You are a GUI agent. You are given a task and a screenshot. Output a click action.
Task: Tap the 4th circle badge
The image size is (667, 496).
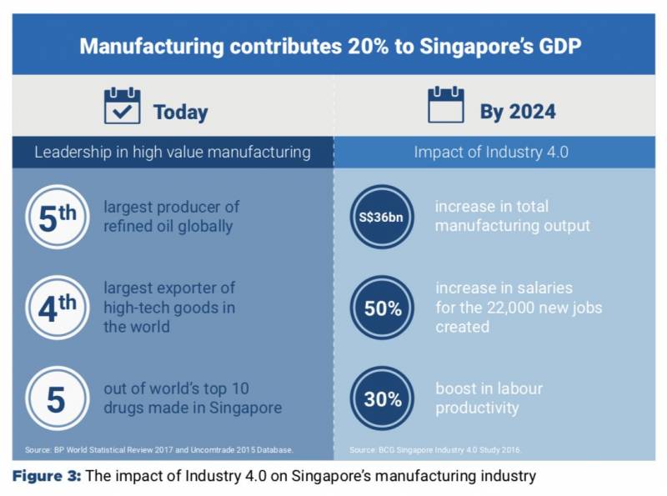[57, 308]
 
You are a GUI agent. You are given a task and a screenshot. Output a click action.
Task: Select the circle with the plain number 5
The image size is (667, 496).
[57, 398]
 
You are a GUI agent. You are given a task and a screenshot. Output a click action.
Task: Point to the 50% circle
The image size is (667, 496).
[382, 308]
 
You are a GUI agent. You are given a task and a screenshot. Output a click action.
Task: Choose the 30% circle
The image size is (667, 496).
[382, 398]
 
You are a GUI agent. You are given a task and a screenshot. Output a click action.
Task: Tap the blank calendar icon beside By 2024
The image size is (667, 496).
[445, 106]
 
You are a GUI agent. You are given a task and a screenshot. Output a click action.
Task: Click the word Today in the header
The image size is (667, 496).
[180, 112]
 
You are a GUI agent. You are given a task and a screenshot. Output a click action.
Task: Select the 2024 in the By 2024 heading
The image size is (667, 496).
[531, 112]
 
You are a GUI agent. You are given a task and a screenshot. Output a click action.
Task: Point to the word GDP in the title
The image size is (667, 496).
[560, 45]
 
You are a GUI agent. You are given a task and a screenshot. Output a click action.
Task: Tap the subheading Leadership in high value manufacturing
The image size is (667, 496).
[173, 153]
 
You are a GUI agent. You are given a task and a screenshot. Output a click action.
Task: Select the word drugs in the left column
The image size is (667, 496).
[125, 408]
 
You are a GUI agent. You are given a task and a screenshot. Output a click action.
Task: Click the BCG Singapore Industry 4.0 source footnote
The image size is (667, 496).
[435, 450]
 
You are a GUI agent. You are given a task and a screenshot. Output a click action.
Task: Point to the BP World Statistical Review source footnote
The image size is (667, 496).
[158, 450]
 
